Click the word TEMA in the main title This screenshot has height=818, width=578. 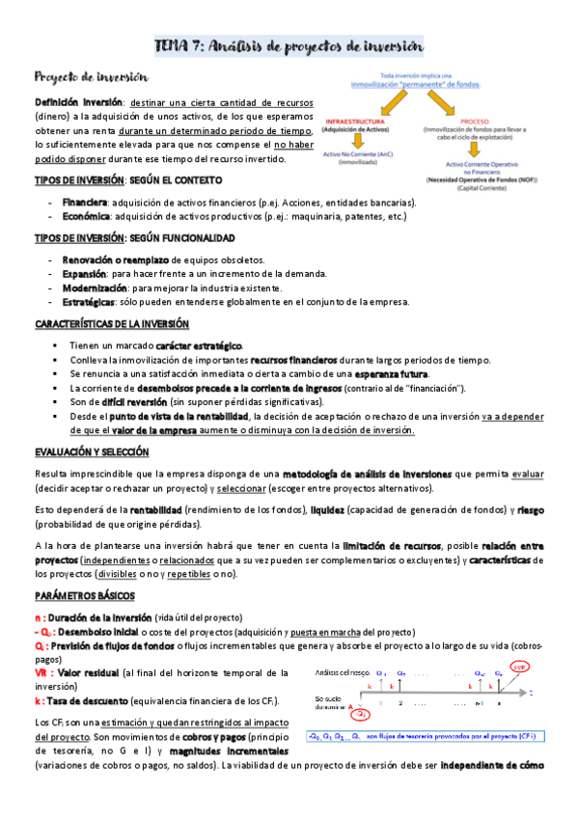177,47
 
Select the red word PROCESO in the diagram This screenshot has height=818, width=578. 475,122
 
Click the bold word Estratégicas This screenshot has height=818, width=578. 91,301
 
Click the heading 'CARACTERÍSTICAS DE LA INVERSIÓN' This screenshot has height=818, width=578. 111,324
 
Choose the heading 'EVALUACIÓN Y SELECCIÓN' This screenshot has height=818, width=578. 92,450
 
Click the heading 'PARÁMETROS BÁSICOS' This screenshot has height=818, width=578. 85,596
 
